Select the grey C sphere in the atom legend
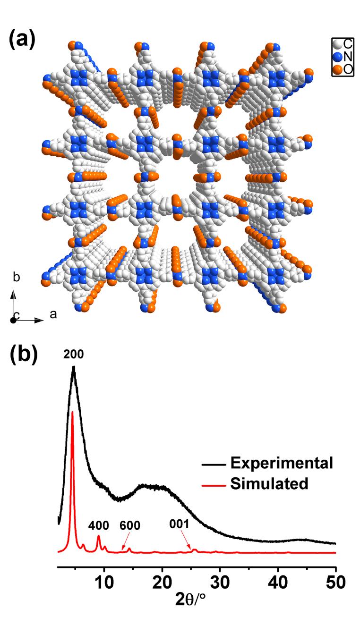point(337,45)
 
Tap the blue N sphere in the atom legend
point(337,57)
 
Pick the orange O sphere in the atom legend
point(337,69)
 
